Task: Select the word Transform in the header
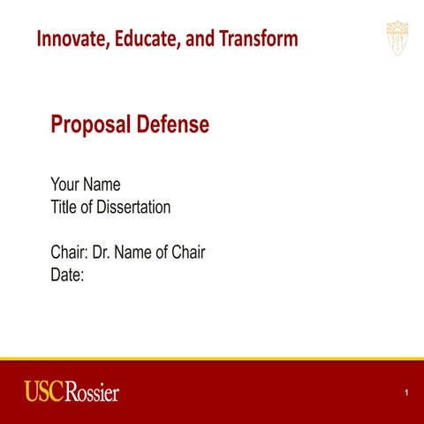point(257,39)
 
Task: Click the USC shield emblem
point(397,38)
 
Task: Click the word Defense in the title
point(172,125)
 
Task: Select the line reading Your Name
point(85,185)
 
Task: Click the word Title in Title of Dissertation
point(64,208)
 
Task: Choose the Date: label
point(67,275)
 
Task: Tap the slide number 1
point(405,392)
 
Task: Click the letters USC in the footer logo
point(43,391)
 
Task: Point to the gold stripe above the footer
point(212,360)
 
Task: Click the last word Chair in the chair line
point(187,253)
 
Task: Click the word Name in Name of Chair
point(133,253)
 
